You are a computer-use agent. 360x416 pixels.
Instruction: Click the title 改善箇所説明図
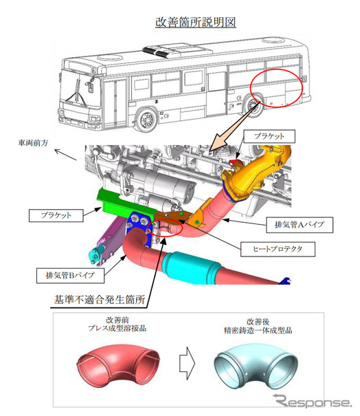(196, 22)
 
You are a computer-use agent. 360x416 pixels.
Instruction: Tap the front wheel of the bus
(146, 120)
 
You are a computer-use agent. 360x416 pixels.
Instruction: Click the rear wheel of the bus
(253, 105)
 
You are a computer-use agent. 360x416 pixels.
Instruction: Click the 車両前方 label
(33, 143)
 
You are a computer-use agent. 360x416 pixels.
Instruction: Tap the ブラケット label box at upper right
(269, 136)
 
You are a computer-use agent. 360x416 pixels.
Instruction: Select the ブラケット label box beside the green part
(56, 215)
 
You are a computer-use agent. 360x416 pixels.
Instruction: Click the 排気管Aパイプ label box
(300, 225)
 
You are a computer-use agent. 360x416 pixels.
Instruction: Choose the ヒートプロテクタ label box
(278, 249)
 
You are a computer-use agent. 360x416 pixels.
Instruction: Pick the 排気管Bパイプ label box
(70, 275)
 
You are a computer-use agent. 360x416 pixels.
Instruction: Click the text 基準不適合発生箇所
(100, 300)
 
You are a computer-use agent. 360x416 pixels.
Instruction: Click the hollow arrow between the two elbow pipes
(187, 362)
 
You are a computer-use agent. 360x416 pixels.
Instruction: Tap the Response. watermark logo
(313, 401)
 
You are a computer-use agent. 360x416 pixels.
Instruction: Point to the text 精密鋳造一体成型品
(258, 330)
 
